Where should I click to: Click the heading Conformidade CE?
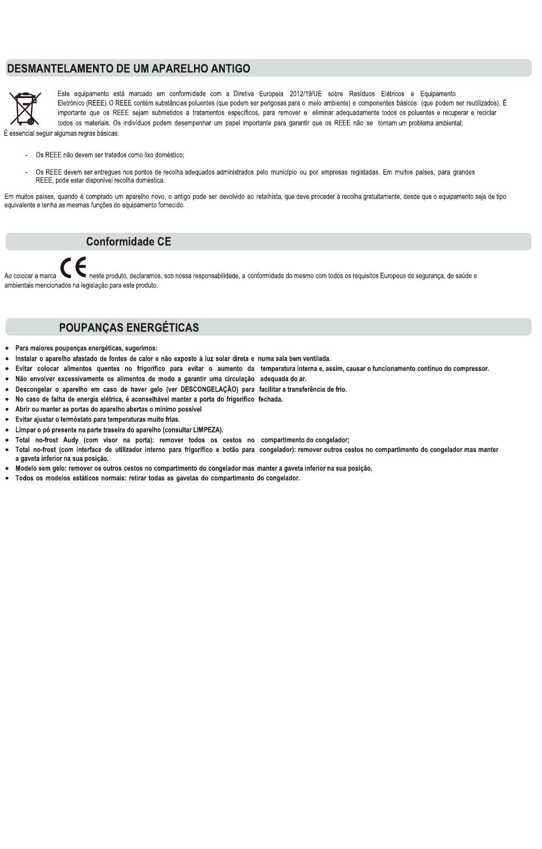(128, 242)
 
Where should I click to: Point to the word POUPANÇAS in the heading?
(91, 328)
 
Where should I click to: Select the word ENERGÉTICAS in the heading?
(162, 328)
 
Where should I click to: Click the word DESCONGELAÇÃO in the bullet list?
(209, 390)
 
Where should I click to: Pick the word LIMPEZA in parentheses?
(207, 430)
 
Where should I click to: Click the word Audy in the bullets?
(71, 440)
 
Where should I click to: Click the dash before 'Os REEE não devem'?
(27, 155)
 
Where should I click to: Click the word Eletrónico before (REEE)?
(71, 103)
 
